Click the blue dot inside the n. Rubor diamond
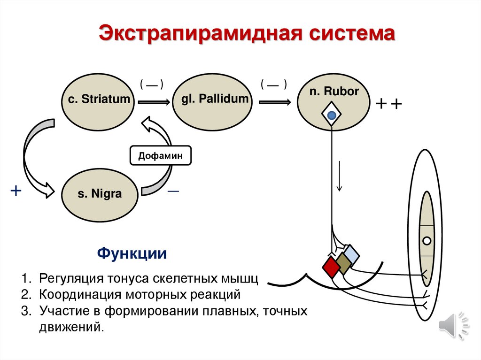click(x=332, y=115)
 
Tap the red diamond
click(x=331, y=267)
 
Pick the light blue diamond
click(x=350, y=254)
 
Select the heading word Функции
click(x=132, y=254)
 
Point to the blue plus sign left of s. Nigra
click(x=16, y=190)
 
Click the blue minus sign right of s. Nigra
click(x=173, y=192)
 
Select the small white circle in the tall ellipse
click(x=427, y=241)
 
